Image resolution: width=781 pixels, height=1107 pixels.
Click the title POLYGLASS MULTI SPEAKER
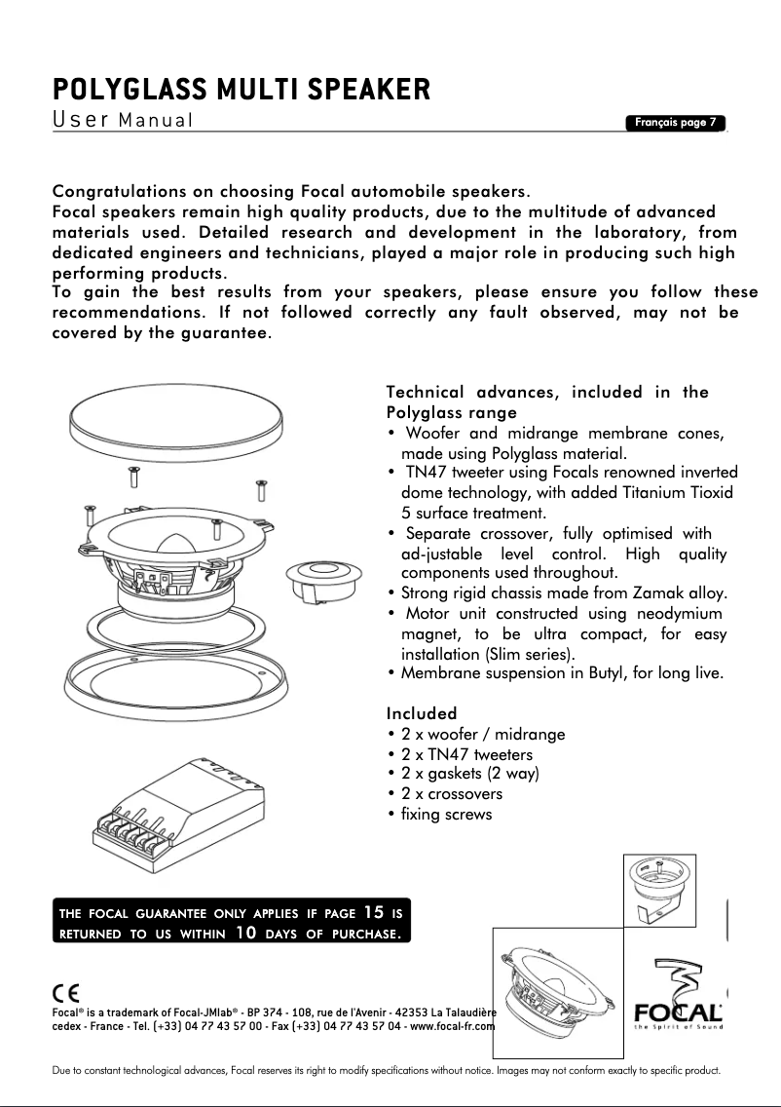pos(241,91)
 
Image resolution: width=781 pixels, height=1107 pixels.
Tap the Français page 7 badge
pos(676,123)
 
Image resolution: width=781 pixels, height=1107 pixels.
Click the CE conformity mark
pos(66,993)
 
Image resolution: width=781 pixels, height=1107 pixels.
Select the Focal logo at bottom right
pos(678,1004)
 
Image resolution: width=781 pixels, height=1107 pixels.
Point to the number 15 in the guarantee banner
pos(373,913)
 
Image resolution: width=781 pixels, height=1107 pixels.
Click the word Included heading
pos(421,713)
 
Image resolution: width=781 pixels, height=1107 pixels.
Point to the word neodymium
pos(679,613)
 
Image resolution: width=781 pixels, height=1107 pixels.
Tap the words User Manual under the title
pos(123,121)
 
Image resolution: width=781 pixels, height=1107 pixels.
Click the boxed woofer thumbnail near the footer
pos(557,994)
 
